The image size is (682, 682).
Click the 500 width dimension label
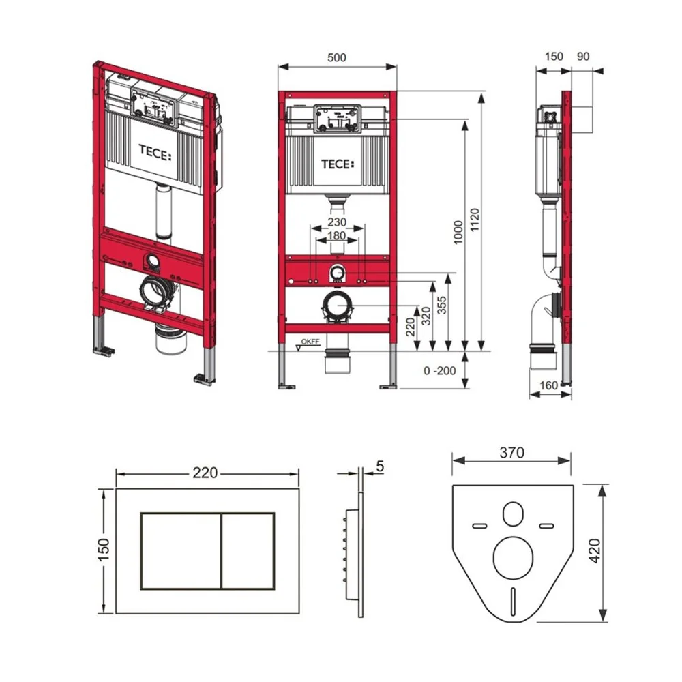[337, 57]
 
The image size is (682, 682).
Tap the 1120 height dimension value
[475, 220]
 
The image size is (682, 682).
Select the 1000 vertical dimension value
[458, 233]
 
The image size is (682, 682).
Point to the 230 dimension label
[337, 222]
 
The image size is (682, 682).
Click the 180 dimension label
[337, 236]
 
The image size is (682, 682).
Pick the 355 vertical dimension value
[442, 306]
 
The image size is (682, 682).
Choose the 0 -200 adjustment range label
[440, 370]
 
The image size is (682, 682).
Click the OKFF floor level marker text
[310, 342]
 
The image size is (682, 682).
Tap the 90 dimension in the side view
[583, 56]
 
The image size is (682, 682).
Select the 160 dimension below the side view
[548, 385]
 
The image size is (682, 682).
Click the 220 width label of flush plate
[205, 473]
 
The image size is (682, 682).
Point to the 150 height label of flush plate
[104, 550]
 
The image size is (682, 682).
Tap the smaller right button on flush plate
[248, 551]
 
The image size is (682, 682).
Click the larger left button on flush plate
[181, 551]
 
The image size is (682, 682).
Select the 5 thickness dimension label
[380, 466]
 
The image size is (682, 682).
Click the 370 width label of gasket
[512, 453]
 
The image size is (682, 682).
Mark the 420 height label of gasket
[595, 550]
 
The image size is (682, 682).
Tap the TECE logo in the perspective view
[155, 153]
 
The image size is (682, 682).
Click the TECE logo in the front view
[338, 164]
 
